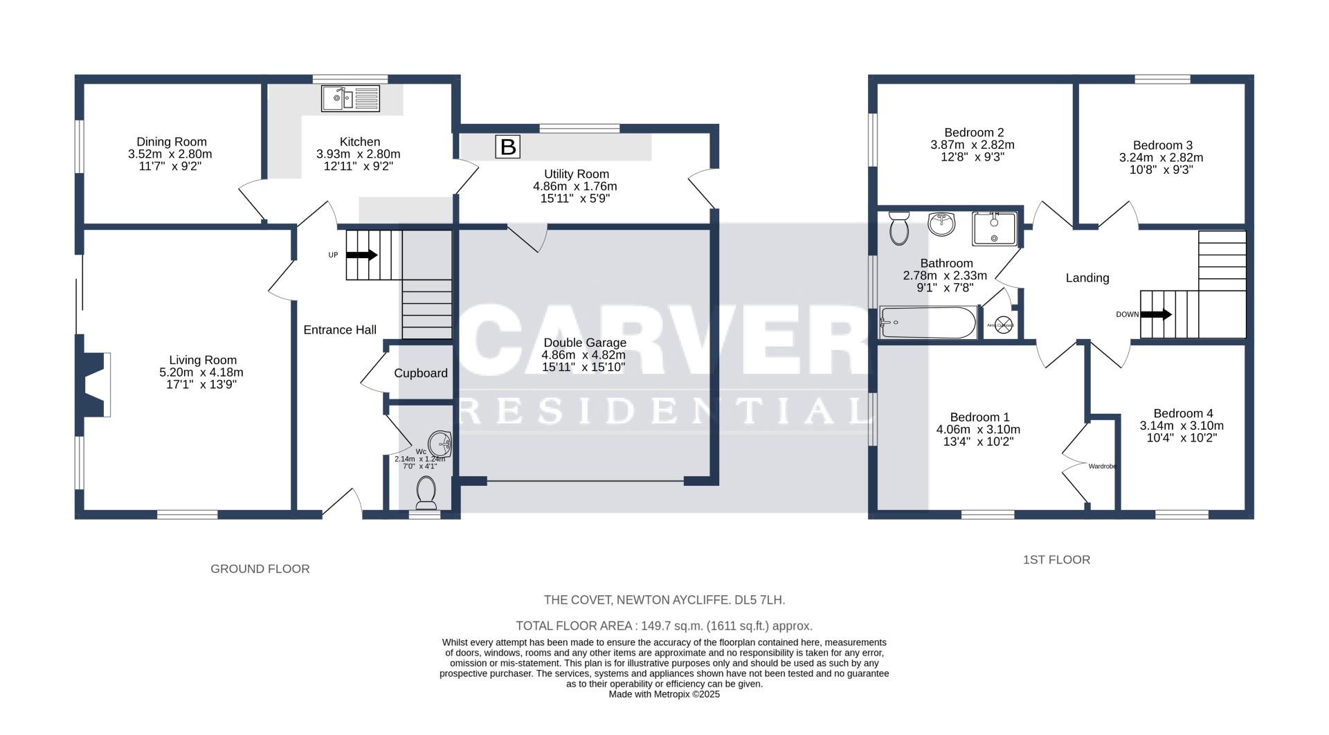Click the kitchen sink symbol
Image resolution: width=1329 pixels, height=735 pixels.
click(350, 98)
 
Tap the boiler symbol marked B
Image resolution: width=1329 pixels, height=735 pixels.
click(507, 147)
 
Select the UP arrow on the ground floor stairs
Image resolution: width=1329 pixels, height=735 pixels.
click(361, 255)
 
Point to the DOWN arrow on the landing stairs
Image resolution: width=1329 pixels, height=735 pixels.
click(1155, 314)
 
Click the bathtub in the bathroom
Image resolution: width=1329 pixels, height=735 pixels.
click(928, 323)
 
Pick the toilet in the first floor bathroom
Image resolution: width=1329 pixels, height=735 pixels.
click(899, 228)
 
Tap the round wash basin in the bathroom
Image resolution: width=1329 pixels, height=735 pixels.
click(941, 224)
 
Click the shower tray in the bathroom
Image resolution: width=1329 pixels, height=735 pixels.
click(995, 229)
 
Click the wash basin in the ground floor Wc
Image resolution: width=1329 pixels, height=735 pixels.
click(440, 444)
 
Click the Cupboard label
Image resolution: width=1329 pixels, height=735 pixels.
click(421, 373)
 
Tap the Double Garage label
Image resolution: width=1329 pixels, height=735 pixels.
click(585, 343)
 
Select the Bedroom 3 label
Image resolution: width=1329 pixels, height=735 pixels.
click(1162, 145)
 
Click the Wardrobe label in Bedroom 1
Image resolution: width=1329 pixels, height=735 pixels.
click(1102, 466)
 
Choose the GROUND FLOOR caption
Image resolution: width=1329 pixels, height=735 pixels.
click(260, 569)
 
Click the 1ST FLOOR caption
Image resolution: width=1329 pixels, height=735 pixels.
click(1056, 560)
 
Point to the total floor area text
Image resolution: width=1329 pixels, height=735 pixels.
click(664, 626)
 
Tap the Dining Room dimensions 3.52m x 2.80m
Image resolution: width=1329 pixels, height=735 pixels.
click(170, 154)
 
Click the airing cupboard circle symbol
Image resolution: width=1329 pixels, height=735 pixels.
click(1004, 325)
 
